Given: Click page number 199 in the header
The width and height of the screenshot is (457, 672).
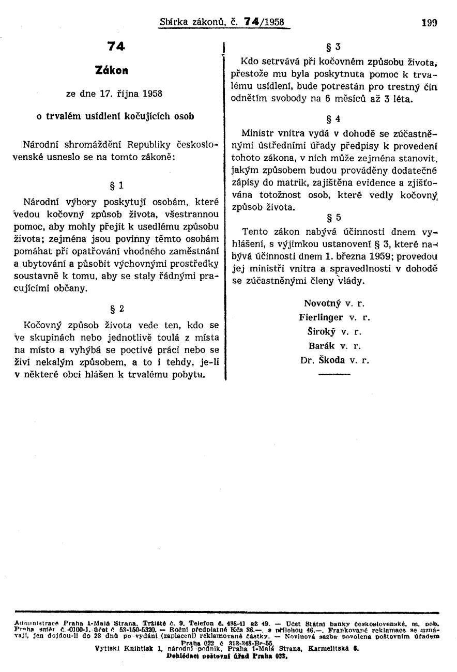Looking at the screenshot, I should tap(429, 23).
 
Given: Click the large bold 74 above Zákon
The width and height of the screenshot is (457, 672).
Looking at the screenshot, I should tap(116, 46).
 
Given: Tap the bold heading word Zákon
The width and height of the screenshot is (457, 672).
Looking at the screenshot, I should tap(116, 69).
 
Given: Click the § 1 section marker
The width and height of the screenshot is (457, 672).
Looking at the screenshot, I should tap(116, 185).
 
